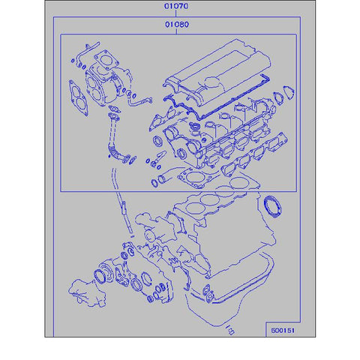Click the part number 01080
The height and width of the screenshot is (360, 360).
[x=178, y=25]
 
